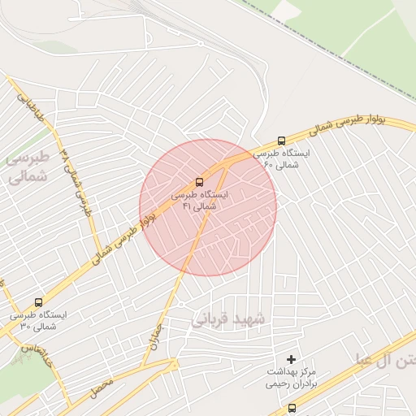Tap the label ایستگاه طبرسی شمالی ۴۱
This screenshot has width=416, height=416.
(200, 201)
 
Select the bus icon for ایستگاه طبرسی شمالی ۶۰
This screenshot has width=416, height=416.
(281, 140)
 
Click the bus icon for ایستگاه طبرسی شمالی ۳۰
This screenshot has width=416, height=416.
(38, 302)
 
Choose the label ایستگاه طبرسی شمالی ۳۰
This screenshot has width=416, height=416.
(38, 320)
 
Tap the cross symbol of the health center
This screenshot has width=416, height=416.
(291, 358)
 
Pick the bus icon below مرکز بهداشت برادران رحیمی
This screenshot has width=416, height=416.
(292, 408)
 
